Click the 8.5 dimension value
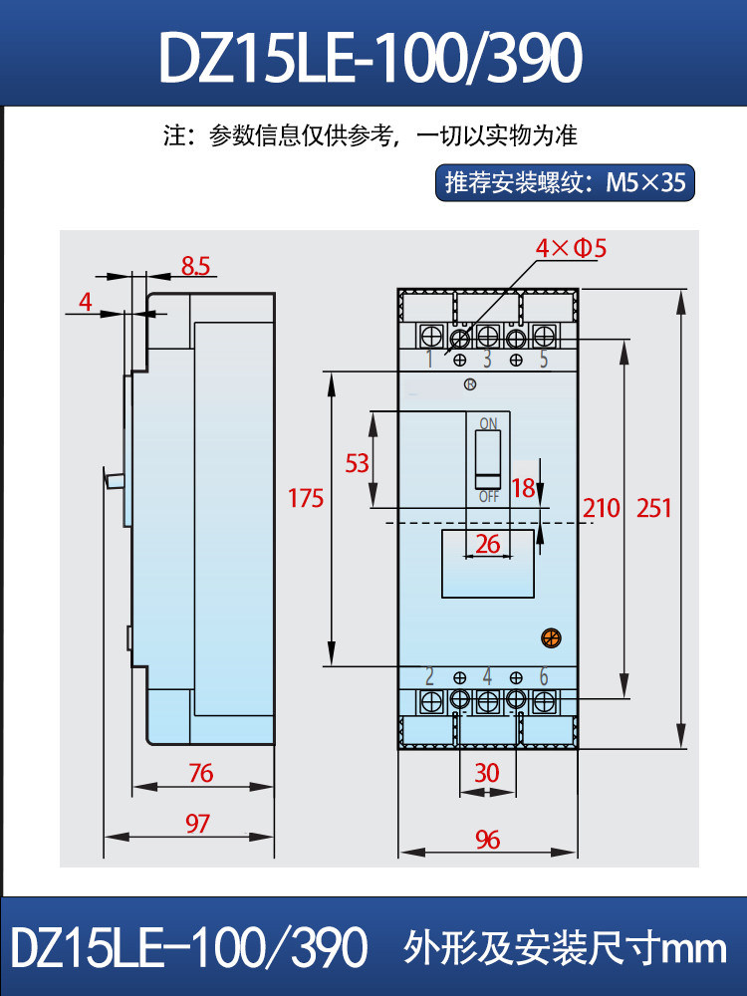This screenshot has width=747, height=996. tap(195, 266)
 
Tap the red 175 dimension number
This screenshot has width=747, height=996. tap(306, 498)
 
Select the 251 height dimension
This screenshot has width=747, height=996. tap(653, 508)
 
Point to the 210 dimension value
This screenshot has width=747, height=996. tap(601, 508)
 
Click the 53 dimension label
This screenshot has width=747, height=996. tap(357, 463)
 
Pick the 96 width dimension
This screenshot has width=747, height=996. tap(488, 840)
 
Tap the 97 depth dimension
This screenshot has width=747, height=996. tap(197, 824)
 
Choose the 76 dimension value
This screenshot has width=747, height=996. tap(201, 773)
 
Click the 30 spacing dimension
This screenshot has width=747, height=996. tap(487, 773)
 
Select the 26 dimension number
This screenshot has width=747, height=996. tap(488, 544)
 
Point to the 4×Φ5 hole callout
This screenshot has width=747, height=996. tap(571, 248)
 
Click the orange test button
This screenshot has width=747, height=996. tap(552, 637)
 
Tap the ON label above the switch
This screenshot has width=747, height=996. tap(488, 423)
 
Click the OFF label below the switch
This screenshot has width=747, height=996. tap(488, 496)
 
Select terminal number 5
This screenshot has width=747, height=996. tap(544, 359)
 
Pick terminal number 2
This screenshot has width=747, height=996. tap(429, 676)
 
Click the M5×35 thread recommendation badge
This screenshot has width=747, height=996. tap(565, 183)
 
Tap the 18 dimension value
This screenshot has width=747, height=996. tap(524, 488)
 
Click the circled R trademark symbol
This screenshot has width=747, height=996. tap(470, 384)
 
